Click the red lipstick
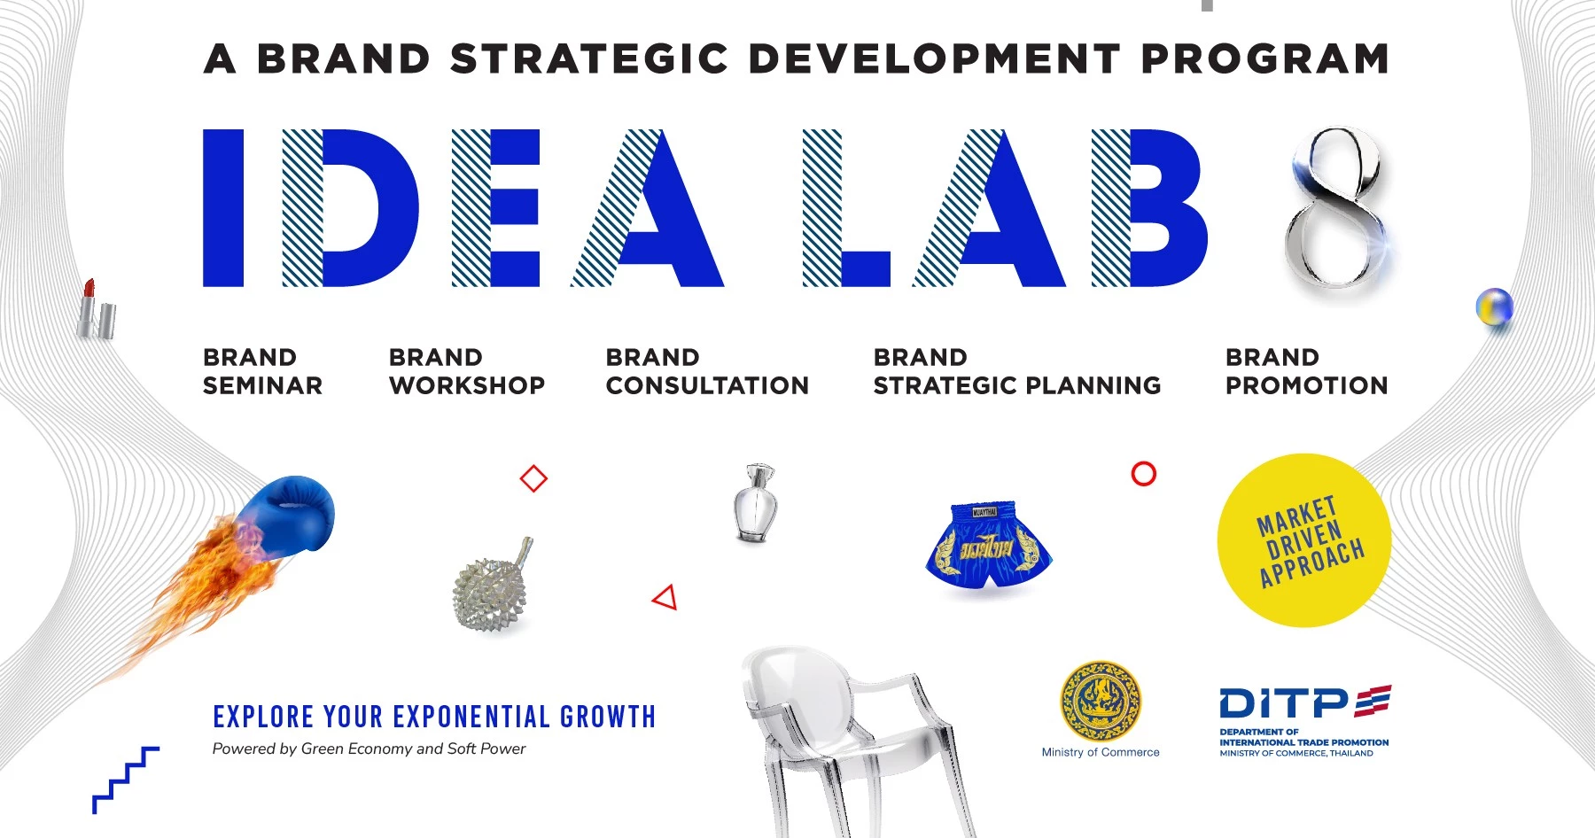click(96, 309)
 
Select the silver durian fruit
click(492, 586)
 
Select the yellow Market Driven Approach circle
click(1303, 540)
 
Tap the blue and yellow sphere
click(1494, 308)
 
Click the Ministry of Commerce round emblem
click(1101, 702)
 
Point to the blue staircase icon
click(126, 780)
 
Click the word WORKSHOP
click(467, 385)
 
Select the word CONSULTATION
click(707, 385)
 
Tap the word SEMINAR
click(262, 385)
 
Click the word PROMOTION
click(1306, 385)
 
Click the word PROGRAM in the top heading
click(1264, 59)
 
